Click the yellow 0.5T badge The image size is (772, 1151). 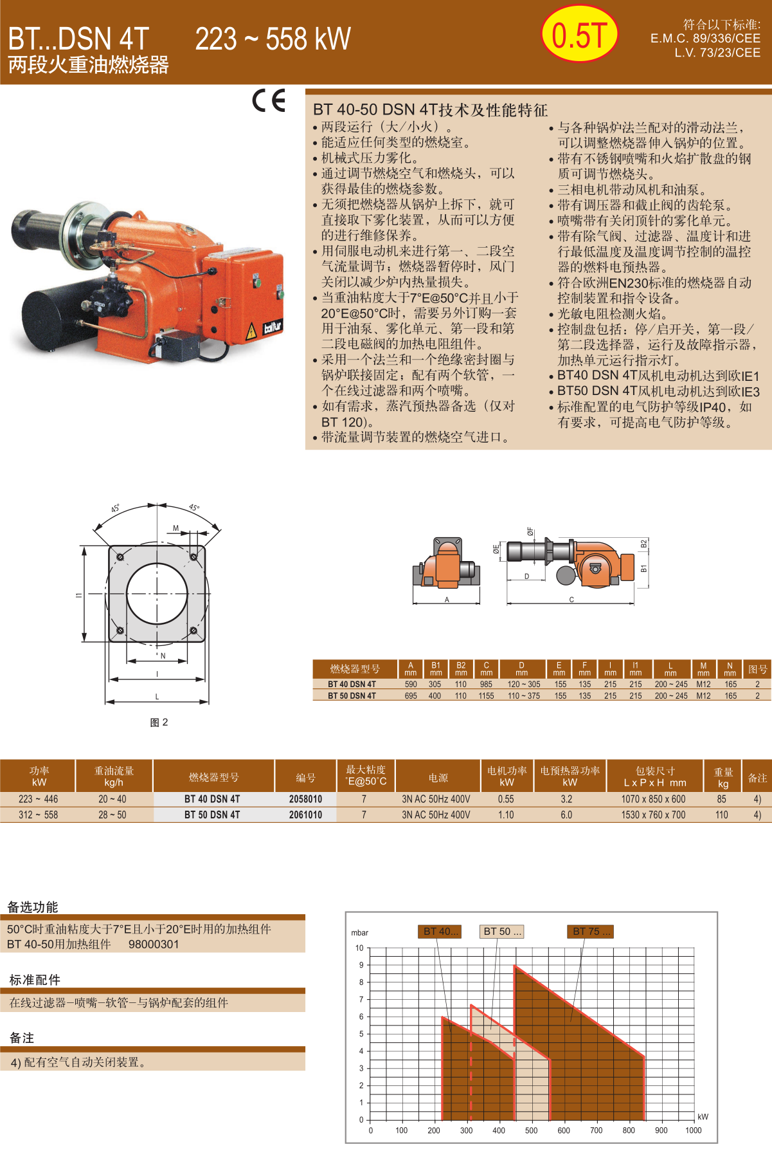point(579,34)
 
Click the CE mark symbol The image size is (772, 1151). point(269,100)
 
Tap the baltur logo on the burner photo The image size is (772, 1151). point(273,328)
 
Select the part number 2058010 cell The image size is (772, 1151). point(305,799)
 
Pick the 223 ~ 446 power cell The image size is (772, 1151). point(38,799)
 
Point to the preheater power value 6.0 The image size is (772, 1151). point(566,815)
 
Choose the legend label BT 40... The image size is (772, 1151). point(440,931)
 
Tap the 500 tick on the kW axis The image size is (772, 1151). point(531,1130)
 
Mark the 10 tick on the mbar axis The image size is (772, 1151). point(359,948)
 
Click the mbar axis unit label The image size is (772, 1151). point(360,933)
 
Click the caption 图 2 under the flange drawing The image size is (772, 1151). point(159,723)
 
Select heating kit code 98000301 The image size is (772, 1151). point(154,944)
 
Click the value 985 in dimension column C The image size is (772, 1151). point(486,685)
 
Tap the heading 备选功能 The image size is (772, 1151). point(33,907)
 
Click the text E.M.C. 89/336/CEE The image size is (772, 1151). point(705,39)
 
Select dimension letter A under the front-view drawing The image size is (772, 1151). point(447,600)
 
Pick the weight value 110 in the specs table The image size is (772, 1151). point(722,815)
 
